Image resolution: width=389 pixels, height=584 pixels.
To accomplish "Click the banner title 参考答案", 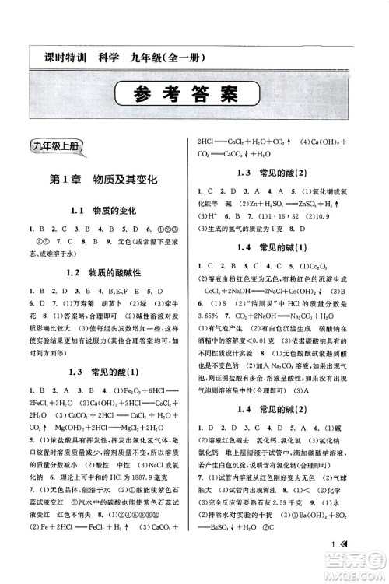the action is [194, 96].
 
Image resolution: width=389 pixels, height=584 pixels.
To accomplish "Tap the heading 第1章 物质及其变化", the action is [103, 179].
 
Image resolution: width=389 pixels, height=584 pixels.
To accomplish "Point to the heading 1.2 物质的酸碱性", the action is [103, 273].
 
